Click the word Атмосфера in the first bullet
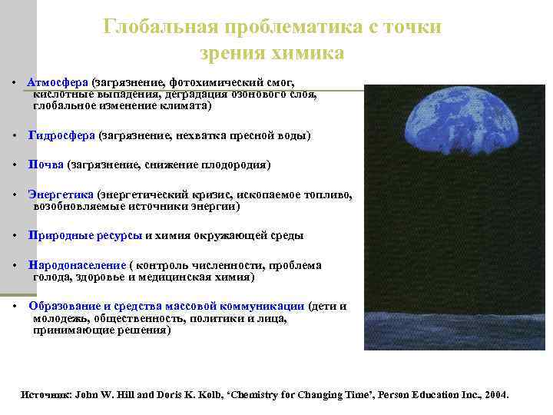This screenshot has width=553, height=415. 58,81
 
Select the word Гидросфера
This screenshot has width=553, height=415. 61,135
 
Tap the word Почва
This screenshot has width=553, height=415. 46,164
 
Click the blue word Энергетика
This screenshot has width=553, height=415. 61,195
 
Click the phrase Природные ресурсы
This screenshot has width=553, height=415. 85,235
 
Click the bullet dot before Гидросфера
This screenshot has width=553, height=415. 16,136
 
